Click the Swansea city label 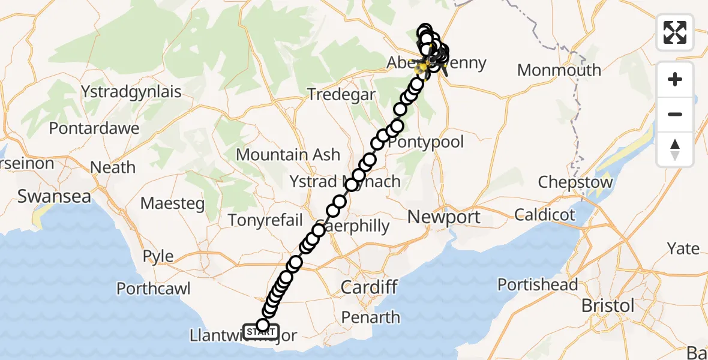point(55,197)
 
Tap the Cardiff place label point(369,287)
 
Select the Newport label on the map point(445,217)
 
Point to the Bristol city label point(608,305)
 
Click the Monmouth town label point(559,70)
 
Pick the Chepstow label point(575,182)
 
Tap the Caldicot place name point(545,215)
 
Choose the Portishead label point(538,284)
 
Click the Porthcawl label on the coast point(154,289)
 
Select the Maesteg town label point(173,203)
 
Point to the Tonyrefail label point(266,220)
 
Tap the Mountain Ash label point(288,155)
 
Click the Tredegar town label point(341,95)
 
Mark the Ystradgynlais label point(132,92)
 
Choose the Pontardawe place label point(94,128)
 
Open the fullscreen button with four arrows point(675,32)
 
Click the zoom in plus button point(675,79)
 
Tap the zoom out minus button point(675,114)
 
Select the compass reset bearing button point(675,148)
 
